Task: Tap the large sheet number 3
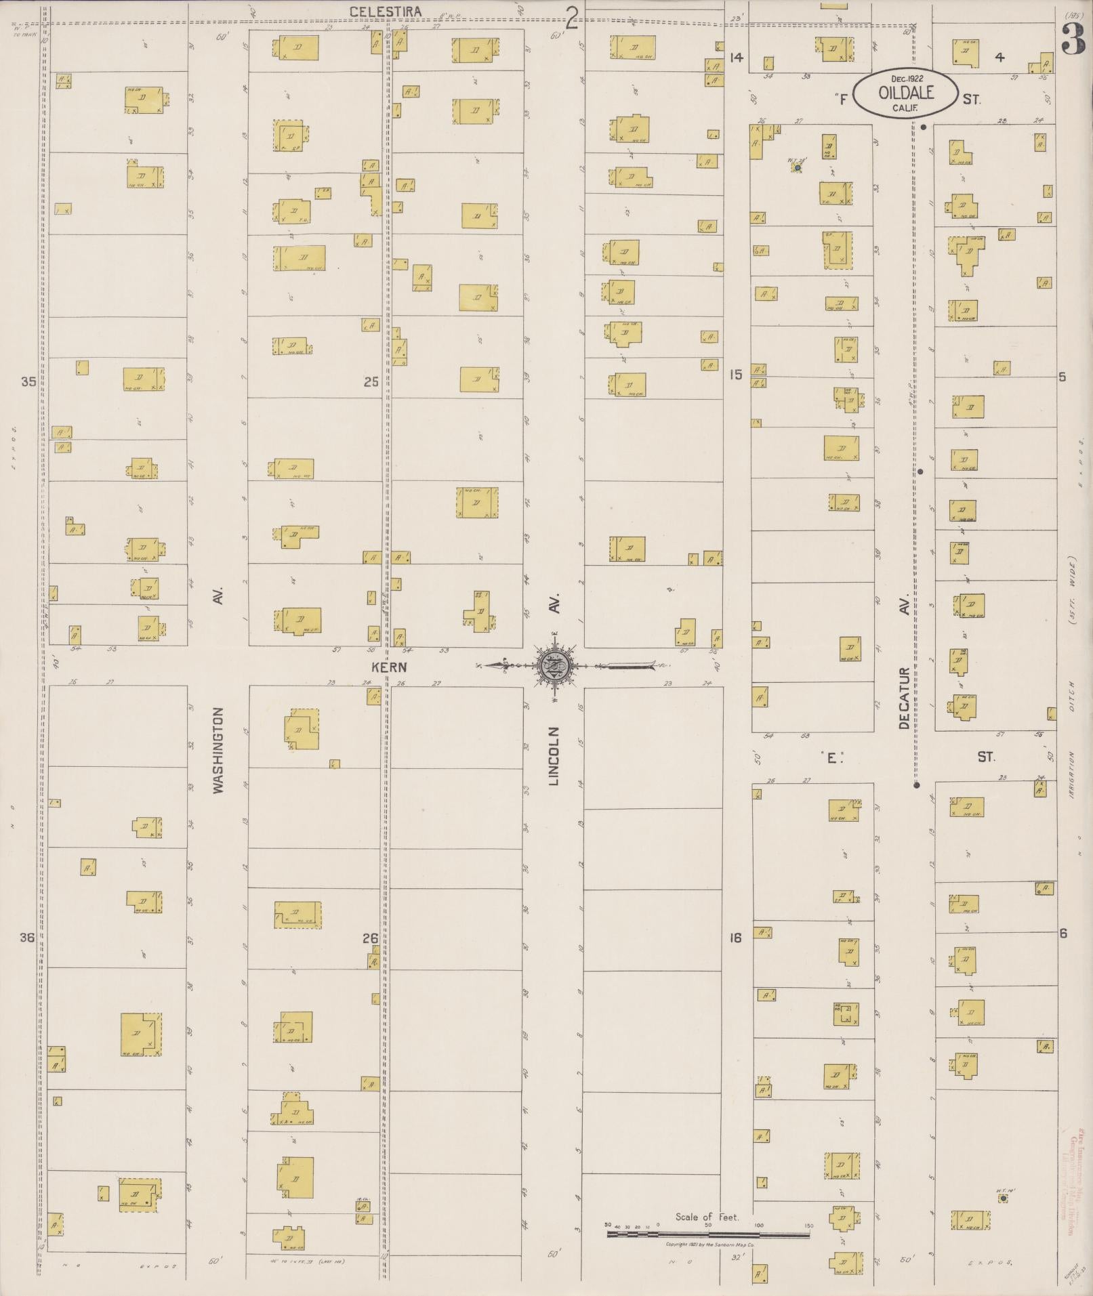(x=1073, y=39)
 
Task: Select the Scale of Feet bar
(x=707, y=1235)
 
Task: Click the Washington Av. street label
(x=218, y=750)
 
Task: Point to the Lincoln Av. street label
(x=554, y=756)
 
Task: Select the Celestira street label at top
(x=386, y=12)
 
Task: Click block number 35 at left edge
(x=28, y=381)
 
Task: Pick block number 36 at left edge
(x=27, y=938)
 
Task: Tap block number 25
(x=371, y=382)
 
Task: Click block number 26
(x=370, y=938)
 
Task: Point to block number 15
(x=736, y=374)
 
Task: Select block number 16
(x=736, y=938)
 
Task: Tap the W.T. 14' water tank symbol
(x=1003, y=1198)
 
